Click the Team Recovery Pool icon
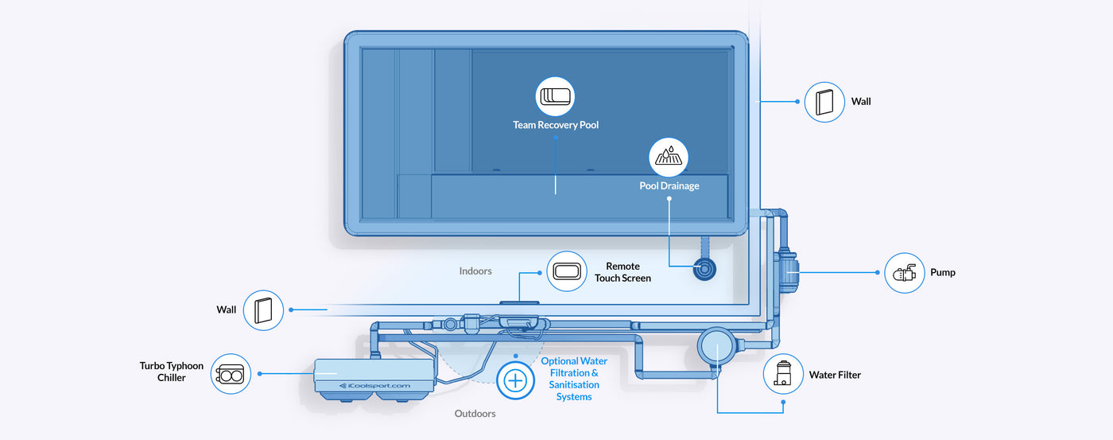(555, 96)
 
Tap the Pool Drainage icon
(669, 158)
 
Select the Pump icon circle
(905, 273)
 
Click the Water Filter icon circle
(783, 374)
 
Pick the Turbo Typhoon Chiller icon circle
(231, 373)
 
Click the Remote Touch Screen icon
(566, 271)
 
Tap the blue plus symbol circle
(515, 380)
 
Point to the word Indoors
(475, 271)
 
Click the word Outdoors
(475, 414)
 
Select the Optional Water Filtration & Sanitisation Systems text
(574, 379)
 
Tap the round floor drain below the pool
(704, 269)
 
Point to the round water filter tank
(717, 348)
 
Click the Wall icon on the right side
(824, 102)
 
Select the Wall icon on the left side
(263, 310)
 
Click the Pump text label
(943, 273)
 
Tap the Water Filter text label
(835, 375)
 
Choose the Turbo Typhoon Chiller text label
(172, 372)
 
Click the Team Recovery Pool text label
(556, 126)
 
